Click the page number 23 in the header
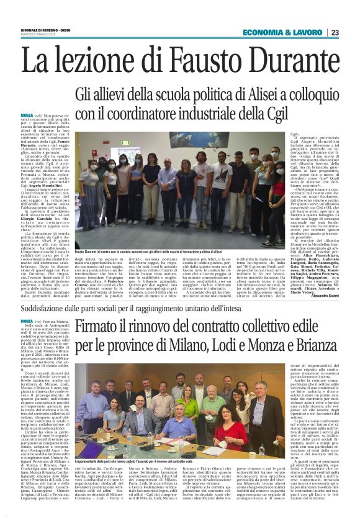335,32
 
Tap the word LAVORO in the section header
305,32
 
